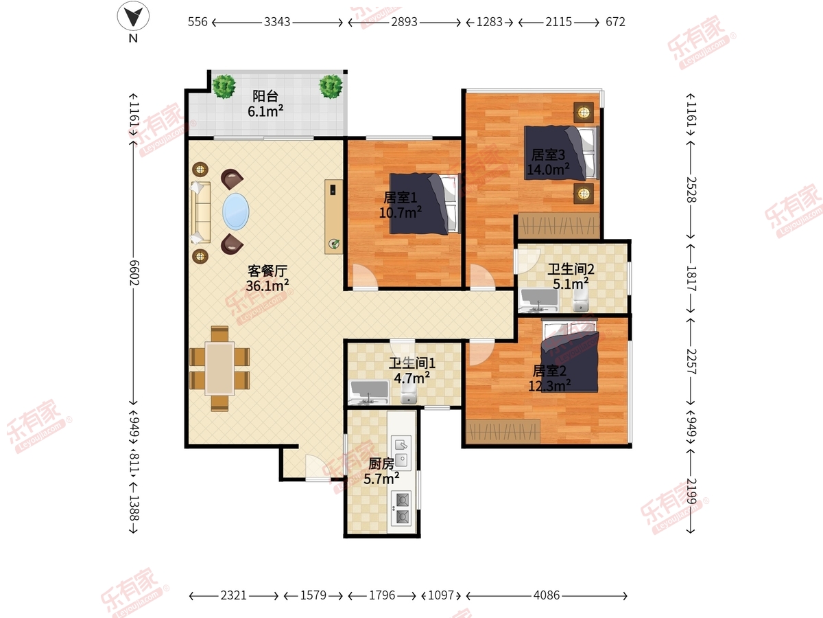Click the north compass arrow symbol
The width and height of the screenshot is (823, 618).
[x=133, y=16]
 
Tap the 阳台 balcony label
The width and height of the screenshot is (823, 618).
[x=265, y=96]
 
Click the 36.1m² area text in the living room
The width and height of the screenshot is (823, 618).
[x=267, y=286]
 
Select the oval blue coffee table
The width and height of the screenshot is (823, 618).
[x=235, y=211]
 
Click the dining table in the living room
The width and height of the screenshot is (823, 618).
[x=219, y=369]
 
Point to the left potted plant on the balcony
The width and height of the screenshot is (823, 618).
[x=224, y=87]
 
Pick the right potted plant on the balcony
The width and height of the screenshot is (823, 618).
[x=331, y=87]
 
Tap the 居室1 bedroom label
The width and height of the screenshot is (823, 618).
[x=400, y=197]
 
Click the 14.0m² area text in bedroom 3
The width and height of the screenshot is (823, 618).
[x=548, y=170]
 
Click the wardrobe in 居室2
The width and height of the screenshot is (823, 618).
[x=503, y=431]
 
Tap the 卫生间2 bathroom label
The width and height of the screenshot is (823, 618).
[x=571, y=269]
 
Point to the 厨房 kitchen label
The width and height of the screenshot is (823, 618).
[x=381, y=464]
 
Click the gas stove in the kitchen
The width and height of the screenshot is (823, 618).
[x=402, y=508]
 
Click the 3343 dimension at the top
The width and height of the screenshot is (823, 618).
[x=277, y=22]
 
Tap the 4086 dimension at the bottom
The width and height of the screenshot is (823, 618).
[x=547, y=595]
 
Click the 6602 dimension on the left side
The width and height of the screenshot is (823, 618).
[x=134, y=273]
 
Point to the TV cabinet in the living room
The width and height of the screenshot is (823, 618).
[x=334, y=216]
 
